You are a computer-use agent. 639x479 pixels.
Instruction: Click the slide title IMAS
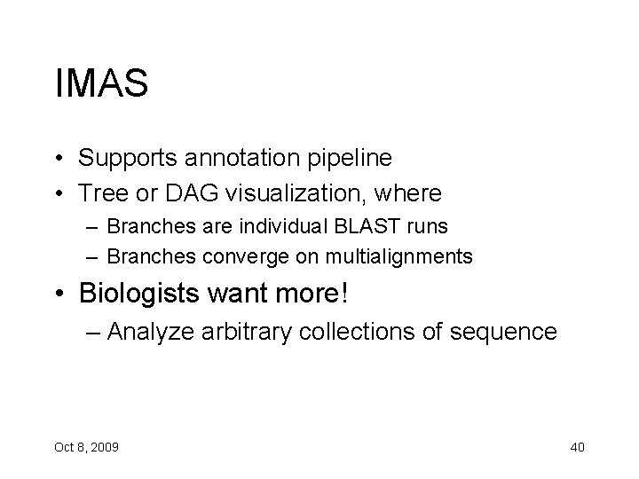pyautogui.click(x=100, y=84)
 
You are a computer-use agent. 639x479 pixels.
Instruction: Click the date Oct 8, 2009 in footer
pyautogui.click(x=86, y=446)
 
